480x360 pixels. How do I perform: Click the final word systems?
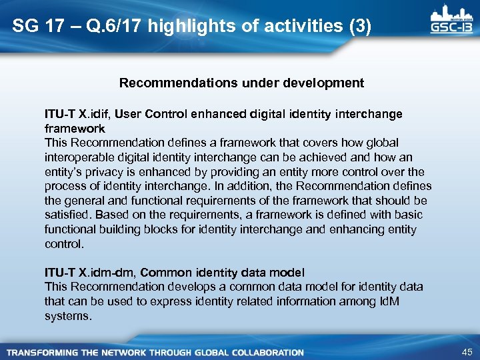[67, 316]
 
